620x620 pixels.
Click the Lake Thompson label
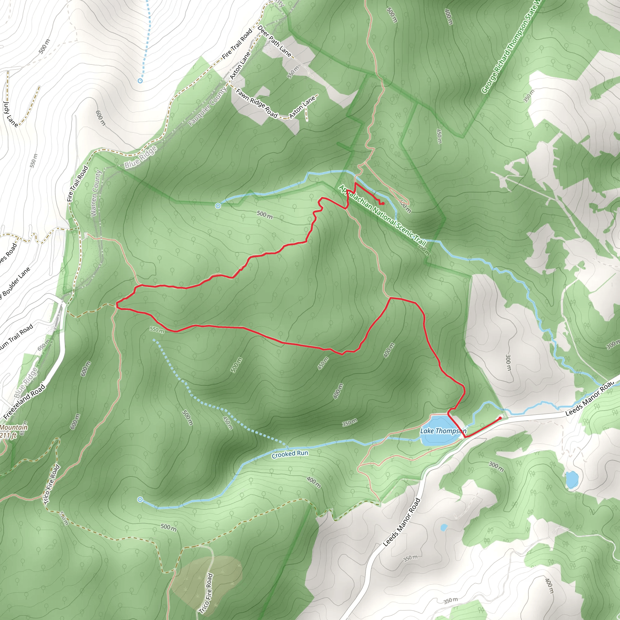click(x=443, y=431)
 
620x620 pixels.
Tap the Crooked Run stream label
click(x=290, y=454)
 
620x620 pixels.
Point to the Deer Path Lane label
click(x=275, y=41)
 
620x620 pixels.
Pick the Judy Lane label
click(x=10, y=114)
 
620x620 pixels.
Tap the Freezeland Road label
click(x=25, y=402)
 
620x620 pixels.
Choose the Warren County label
click(x=96, y=193)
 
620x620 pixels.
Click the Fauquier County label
click(x=207, y=106)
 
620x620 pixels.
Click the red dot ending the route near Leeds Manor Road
click(x=500, y=418)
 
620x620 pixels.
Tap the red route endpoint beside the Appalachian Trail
click(x=383, y=203)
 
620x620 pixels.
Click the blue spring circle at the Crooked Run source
click(x=140, y=499)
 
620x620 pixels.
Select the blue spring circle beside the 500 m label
click(x=218, y=206)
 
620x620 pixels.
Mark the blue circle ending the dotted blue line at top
click(x=140, y=81)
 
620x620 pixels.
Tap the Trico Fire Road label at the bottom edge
click(x=206, y=593)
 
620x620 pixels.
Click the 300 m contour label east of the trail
click(x=508, y=362)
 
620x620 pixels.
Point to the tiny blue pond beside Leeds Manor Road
click(x=444, y=527)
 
